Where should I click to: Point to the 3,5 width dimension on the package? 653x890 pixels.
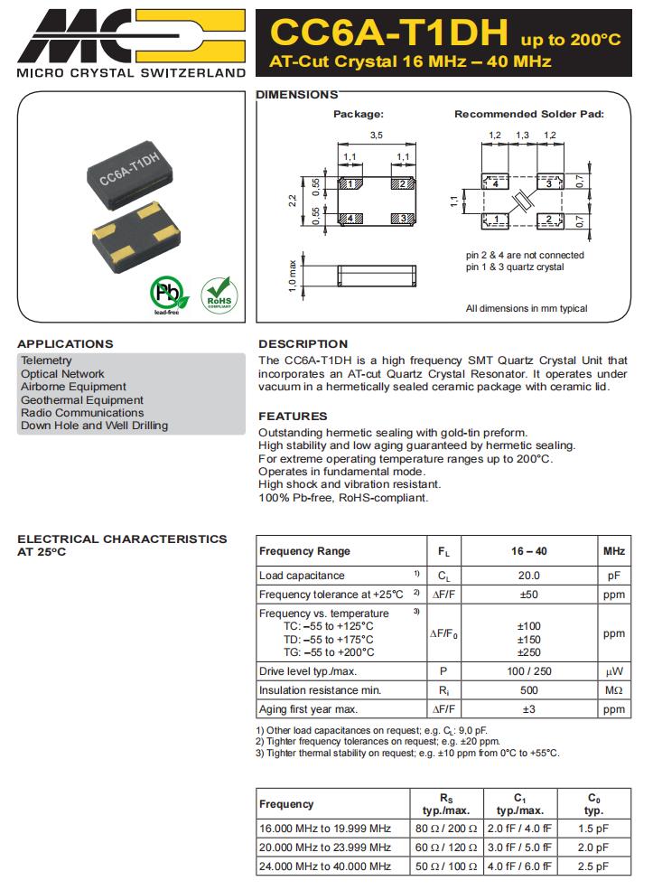[376, 135]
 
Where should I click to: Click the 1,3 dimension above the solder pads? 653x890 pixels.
[522, 135]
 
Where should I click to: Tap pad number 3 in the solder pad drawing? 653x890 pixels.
[550, 183]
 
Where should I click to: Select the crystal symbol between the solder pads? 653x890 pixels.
[522, 201]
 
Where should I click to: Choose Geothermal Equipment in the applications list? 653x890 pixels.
[82, 399]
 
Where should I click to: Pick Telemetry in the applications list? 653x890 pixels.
[46, 361]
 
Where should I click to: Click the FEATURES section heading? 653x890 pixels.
[293, 417]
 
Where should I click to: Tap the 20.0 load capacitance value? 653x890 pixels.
[528, 576]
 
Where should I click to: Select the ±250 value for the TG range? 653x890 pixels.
[528, 652]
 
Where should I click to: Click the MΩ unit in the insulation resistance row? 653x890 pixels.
[613, 690]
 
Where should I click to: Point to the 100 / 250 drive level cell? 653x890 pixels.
[528, 671]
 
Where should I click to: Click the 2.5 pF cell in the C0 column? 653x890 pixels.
[593, 867]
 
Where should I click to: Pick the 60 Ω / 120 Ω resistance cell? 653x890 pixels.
[445, 848]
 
